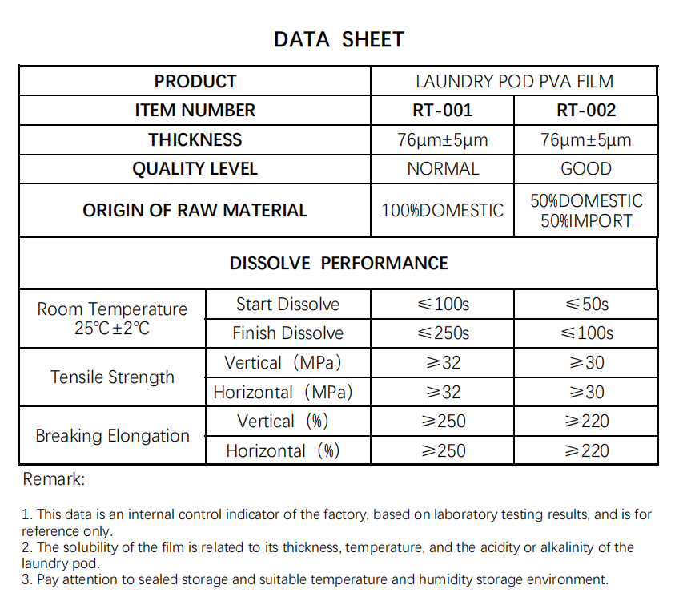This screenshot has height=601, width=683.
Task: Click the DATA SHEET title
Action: tap(339, 39)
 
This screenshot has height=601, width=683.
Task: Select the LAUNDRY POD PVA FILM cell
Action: tap(514, 82)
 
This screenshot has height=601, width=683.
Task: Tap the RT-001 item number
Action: tap(442, 111)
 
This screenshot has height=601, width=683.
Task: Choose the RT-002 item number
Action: tap(586, 111)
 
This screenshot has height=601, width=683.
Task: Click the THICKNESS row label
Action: tap(195, 140)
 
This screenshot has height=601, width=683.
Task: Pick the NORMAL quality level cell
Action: tap(442, 169)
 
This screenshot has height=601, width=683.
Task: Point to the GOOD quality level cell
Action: tap(586, 169)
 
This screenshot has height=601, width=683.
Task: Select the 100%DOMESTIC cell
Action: tap(442, 211)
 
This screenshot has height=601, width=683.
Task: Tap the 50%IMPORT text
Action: tap(586, 221)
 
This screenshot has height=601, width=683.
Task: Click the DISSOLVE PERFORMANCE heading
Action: tap(339, 264)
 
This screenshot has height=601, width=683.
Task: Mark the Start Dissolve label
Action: tap(287, 305)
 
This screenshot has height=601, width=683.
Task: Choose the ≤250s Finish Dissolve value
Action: tap(442, 333)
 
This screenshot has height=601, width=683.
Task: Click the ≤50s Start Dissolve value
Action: tap(586, 305)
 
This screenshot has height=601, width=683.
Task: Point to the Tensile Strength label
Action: tap(112, 377)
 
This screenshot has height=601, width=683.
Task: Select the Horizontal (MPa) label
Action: tap(283, 393)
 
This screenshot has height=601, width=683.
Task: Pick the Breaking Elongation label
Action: tap(112, 436)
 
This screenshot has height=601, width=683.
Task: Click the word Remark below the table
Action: tap(54, 480)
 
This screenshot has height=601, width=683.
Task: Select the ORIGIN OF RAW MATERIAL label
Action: tap(195, 211)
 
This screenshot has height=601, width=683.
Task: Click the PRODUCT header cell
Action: tap(195, 82)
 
